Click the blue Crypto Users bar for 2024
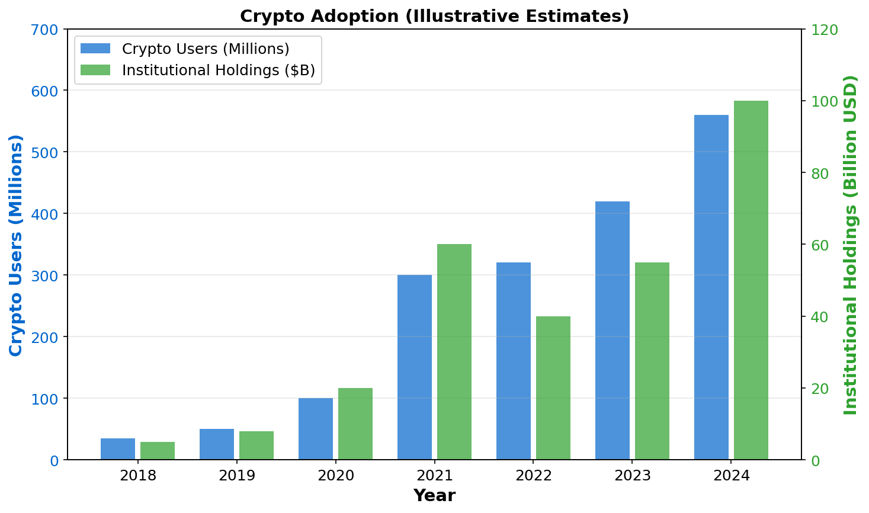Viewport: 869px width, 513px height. point(711,287)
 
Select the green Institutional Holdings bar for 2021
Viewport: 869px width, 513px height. point(454,352)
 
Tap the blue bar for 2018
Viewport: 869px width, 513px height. point(118,449)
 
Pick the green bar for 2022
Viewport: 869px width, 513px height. point(553,388)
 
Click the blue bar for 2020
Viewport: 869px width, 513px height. point(316,429)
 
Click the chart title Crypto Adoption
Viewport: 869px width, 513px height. point(434,16)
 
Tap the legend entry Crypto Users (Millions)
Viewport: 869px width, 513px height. point(205,49)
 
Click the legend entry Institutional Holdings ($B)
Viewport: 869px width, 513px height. point(218,70)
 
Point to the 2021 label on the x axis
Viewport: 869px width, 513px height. point(435,476)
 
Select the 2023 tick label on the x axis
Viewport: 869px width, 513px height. point(633,476)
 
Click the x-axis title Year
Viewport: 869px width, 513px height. point(434,496)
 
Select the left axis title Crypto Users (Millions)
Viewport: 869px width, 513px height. point(16,245)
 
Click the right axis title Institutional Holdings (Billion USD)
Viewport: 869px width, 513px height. point(851,245)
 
